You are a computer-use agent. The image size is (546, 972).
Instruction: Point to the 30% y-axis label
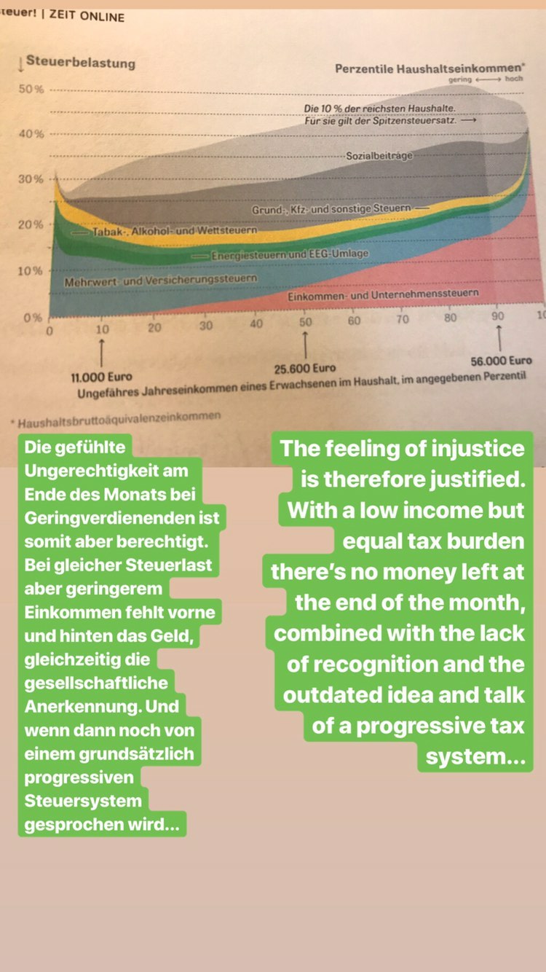(31, 179)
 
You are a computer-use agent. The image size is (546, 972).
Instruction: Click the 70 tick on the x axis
(403, 319)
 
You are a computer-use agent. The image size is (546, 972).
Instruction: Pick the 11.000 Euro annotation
(101, 377)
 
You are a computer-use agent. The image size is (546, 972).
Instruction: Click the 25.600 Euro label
(305, 368)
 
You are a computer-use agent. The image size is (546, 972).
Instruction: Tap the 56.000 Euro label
(502, 361)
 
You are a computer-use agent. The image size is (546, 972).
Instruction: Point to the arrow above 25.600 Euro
(305, 342)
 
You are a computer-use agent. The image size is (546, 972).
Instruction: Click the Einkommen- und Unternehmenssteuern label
(383, 294)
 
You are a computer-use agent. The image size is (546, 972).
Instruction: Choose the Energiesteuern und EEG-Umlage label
(290, 255)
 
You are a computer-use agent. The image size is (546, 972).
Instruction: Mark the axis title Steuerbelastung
(80, 63)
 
